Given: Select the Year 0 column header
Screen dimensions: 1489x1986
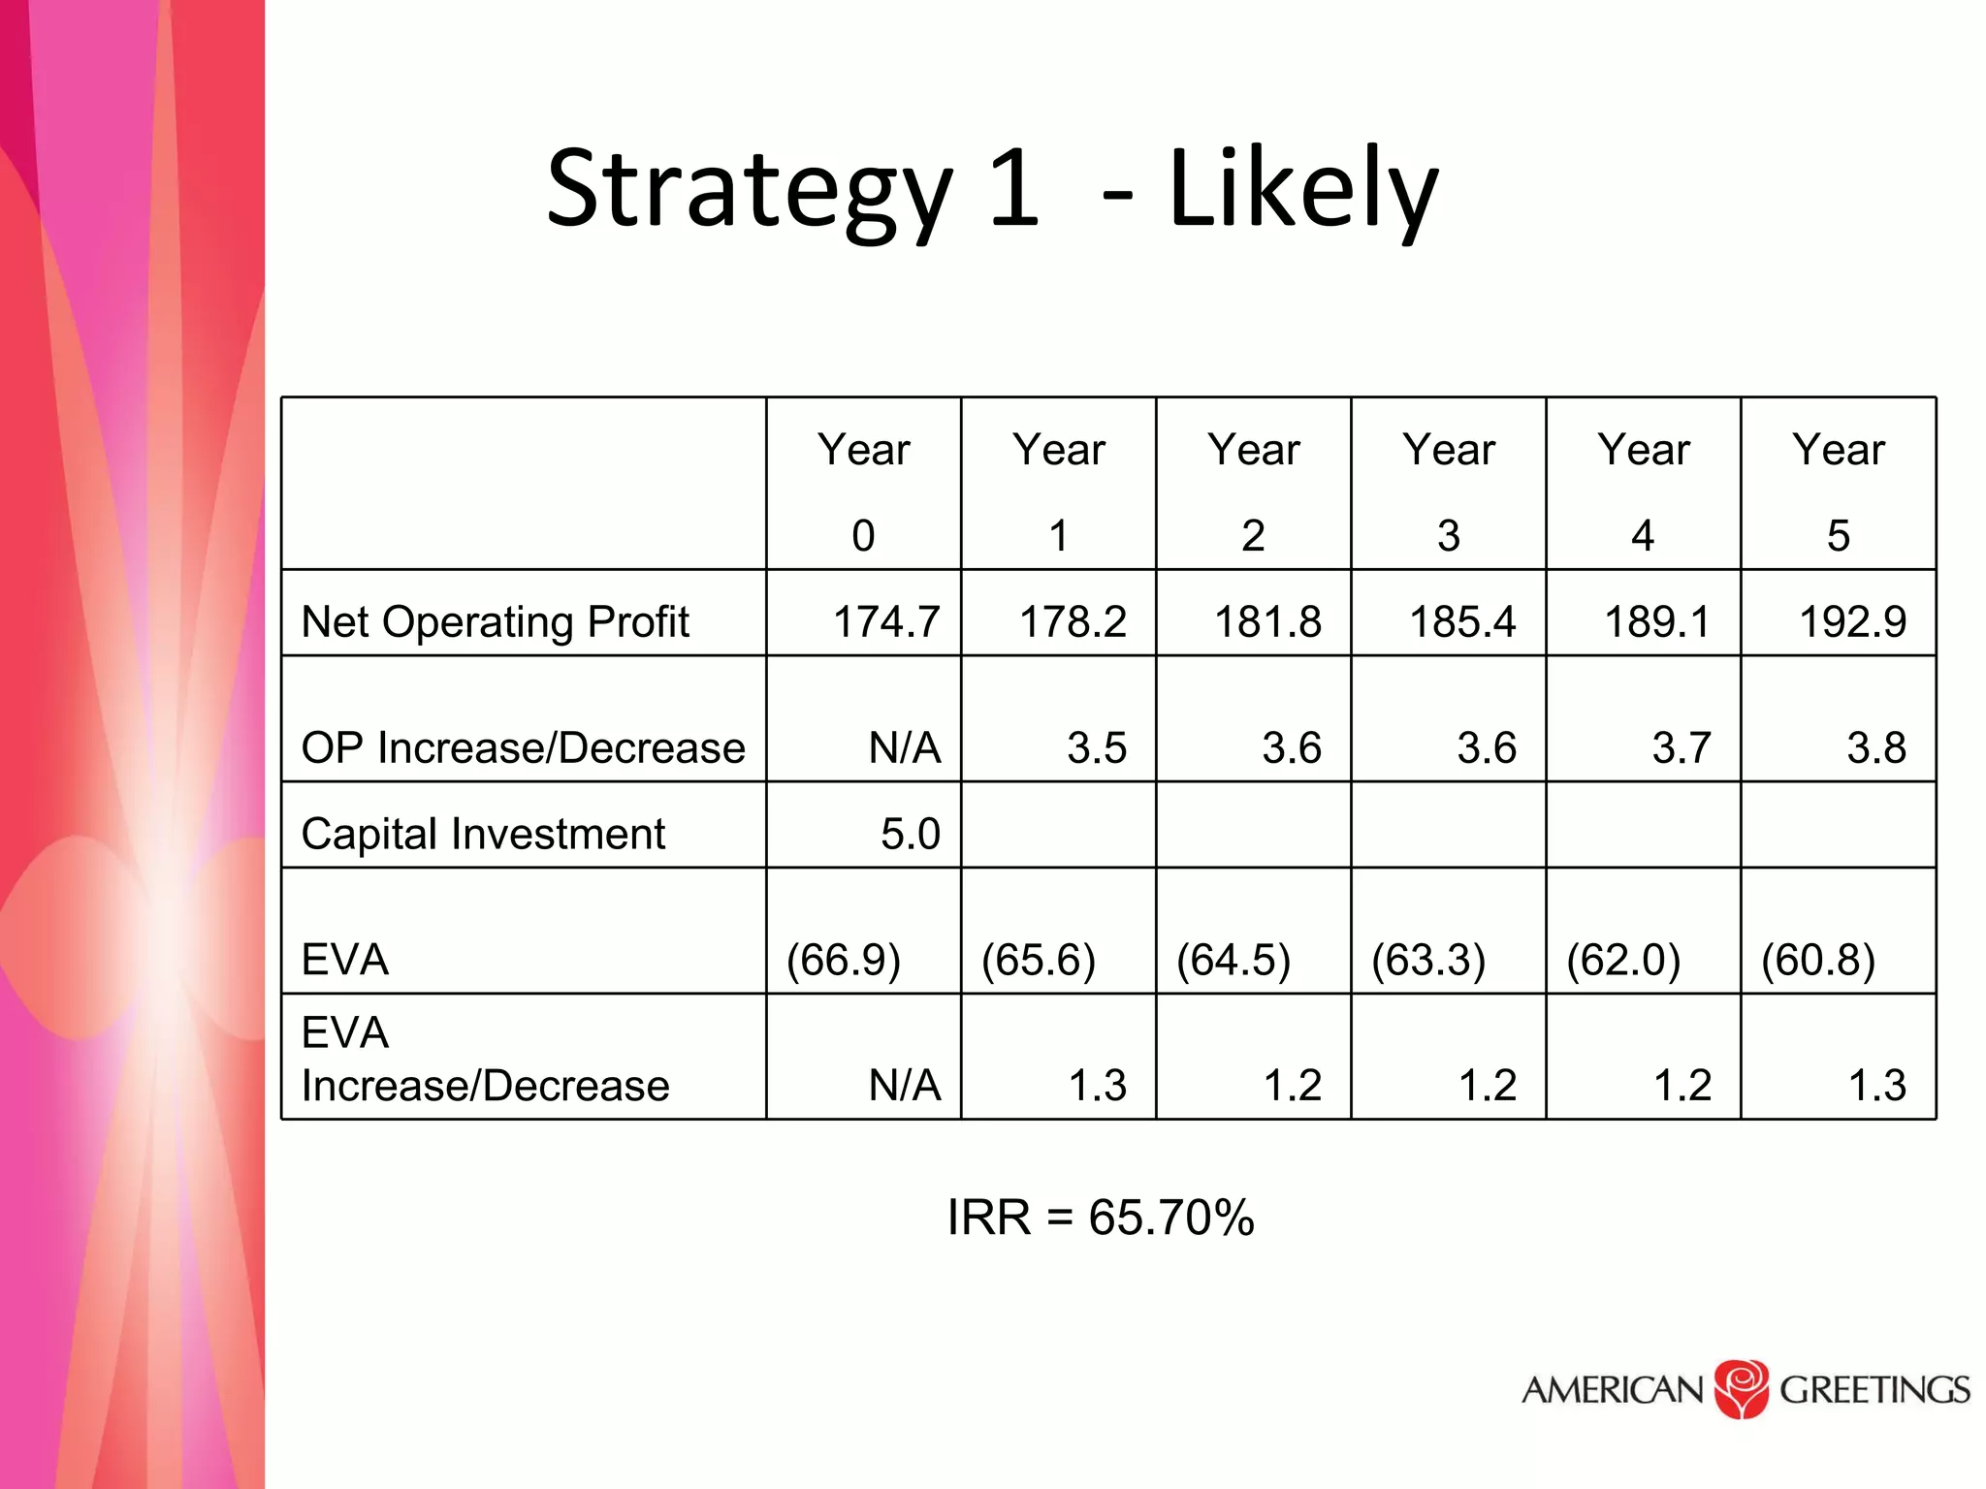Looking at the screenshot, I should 863,491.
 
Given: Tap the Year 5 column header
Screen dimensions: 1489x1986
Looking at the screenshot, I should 1838,491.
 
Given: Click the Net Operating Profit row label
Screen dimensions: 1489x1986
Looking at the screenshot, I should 495,621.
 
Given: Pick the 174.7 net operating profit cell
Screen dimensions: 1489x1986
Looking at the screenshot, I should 886,621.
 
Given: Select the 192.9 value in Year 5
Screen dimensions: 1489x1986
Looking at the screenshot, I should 1852,621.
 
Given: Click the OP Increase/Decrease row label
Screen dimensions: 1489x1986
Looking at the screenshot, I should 523,747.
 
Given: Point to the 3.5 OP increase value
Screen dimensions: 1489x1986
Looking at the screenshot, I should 1097,747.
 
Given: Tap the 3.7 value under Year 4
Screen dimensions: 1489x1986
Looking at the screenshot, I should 1682,747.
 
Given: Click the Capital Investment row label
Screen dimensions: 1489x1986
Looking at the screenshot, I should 483,834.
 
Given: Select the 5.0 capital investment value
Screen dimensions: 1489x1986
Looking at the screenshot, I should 910,834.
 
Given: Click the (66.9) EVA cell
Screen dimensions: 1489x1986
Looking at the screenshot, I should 844,960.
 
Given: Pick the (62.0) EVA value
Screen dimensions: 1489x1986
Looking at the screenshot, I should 1623,960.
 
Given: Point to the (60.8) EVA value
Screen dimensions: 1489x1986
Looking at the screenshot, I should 1818,960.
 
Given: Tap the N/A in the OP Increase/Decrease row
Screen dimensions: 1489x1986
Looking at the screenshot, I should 905,747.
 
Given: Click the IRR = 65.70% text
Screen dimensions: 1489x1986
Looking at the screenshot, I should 1101,1218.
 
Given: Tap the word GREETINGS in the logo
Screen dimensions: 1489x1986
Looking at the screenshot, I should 1874,1390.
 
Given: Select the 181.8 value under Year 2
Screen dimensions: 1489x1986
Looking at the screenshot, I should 1267,621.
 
